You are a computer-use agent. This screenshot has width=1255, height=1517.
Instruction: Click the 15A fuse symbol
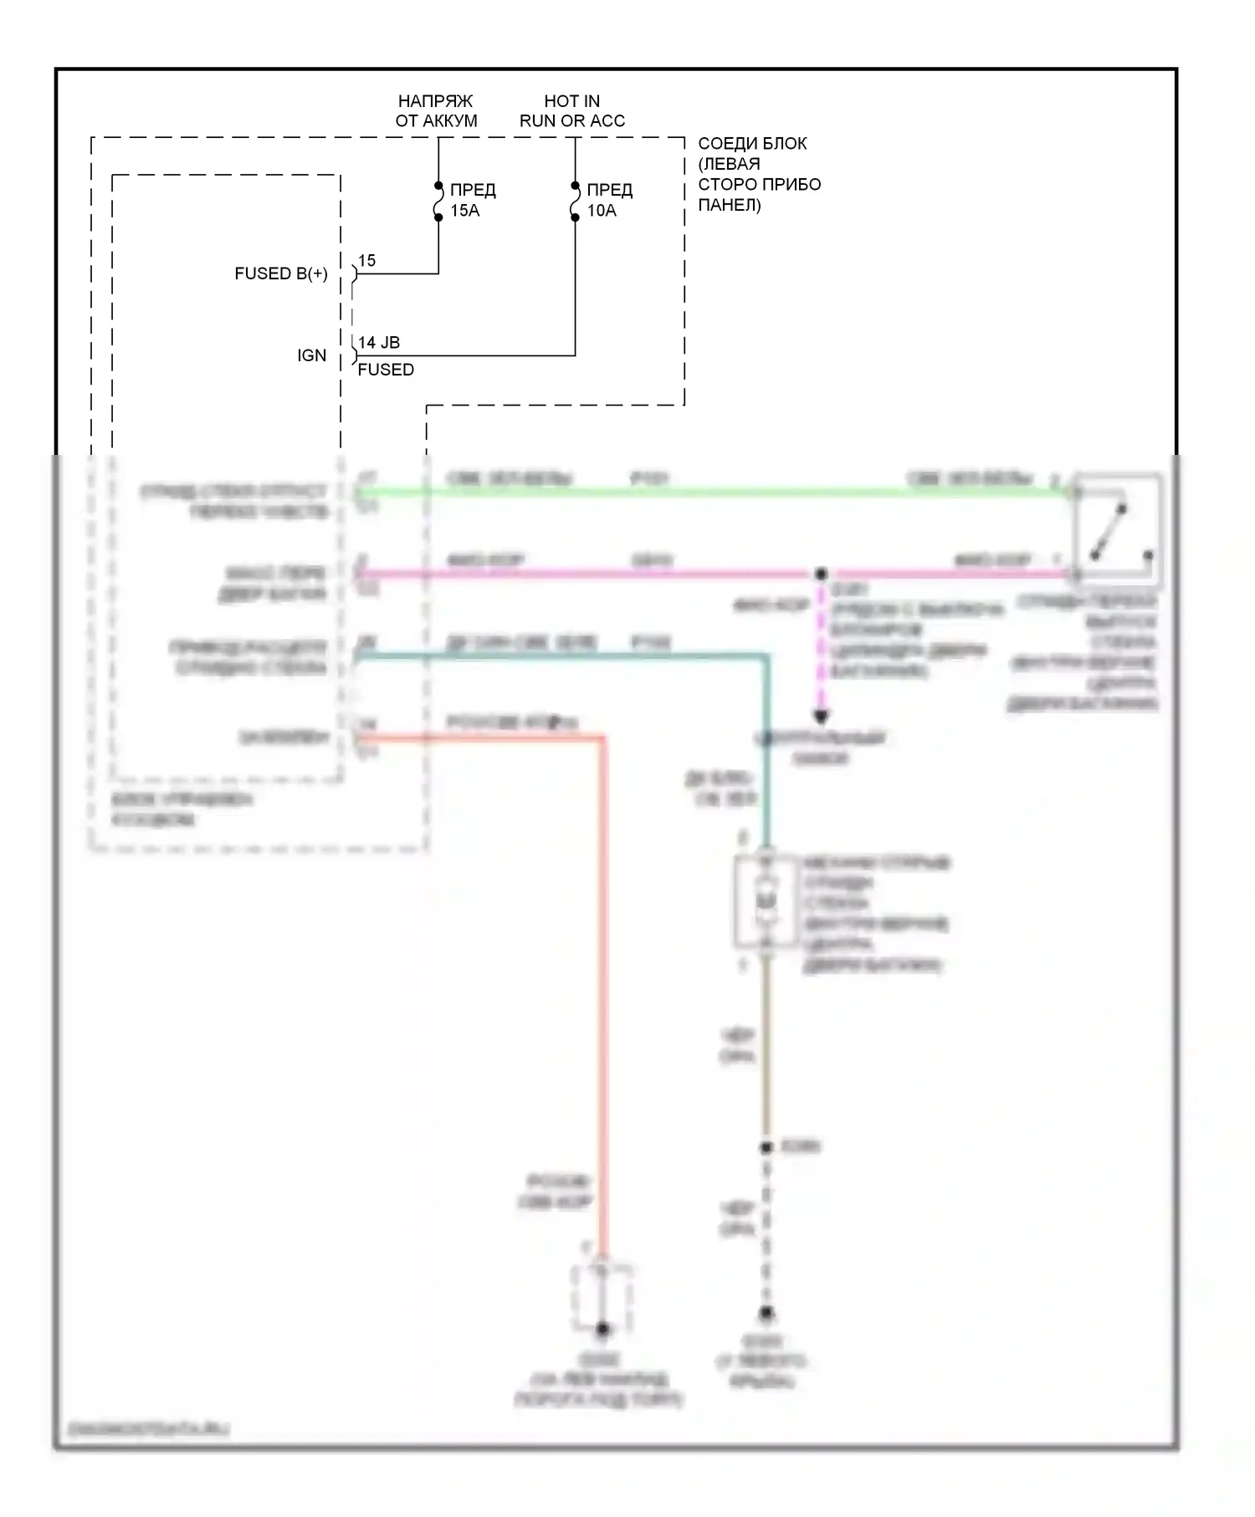click(438, 201)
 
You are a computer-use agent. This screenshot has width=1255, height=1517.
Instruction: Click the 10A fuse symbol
click(575, 201)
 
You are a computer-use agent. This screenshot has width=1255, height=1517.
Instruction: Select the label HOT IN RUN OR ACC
click(572, 110)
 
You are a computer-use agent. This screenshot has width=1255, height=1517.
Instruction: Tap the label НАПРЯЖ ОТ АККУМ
click(436, 110)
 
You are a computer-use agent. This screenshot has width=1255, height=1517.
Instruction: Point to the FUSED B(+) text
click(281, 273)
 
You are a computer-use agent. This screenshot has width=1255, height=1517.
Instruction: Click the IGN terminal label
click(311, 355)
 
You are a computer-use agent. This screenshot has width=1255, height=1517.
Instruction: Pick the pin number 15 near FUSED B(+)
click(366, 261)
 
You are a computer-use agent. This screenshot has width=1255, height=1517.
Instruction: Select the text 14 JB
click(379, 342)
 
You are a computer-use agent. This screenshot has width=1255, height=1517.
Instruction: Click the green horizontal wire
click(711, 493)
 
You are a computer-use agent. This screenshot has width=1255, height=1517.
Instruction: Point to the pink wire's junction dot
click(821, 575)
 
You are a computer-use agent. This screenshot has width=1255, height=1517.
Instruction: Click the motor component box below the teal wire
click(766, 902)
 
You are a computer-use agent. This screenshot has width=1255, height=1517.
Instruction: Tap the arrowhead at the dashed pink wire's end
click(821, 717)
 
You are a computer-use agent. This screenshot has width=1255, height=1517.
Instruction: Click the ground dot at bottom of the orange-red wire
click(602, 1329)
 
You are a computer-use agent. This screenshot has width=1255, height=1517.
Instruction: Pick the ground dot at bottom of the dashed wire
click(766, 1314)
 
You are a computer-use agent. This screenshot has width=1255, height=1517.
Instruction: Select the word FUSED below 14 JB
click(386, 370)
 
